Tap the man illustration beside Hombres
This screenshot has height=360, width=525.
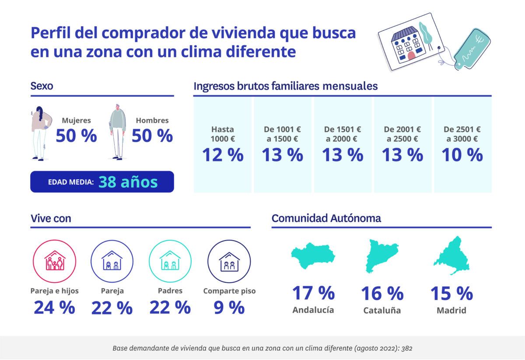117,131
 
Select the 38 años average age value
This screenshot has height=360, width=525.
128,182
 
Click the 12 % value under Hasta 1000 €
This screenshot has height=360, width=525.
222,155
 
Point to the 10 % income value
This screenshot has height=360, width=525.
462,155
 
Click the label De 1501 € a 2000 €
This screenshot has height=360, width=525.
343,134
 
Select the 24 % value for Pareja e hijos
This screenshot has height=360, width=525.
55,308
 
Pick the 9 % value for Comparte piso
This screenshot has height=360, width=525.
229,308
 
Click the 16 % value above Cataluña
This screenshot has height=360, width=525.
381,294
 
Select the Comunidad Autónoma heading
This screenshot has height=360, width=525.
326,218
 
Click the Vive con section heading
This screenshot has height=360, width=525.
51,218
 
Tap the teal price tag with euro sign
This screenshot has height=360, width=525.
472,49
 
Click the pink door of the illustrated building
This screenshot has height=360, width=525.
411,55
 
